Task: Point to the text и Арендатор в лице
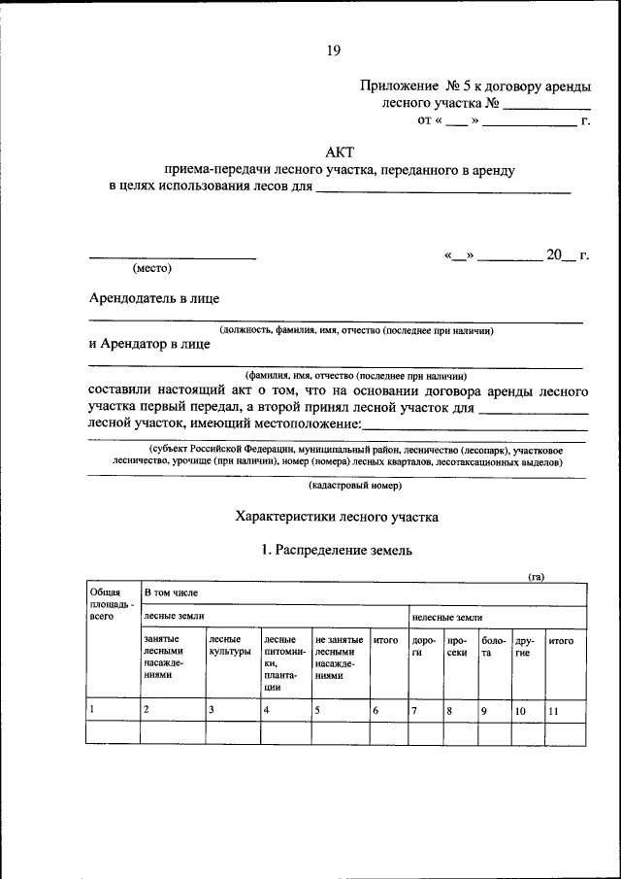pos(148,343)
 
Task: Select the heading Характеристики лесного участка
pos(337,517)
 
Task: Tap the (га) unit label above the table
pos(536,576)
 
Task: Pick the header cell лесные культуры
pos(230,646)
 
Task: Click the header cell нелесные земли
pos(447,617)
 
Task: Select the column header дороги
pos(423,647)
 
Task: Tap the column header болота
pos(494,647)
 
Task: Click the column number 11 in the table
pos(554,711)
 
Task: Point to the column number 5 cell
pos(318,711)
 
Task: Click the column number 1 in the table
pos(92,710)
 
